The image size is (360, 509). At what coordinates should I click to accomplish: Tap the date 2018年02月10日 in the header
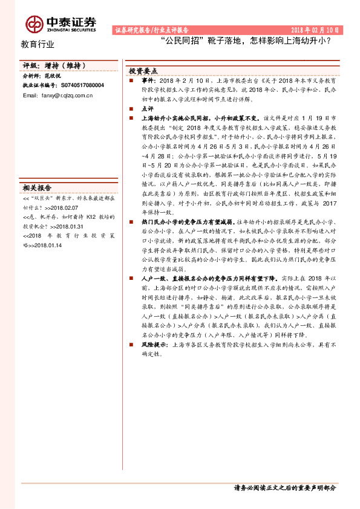[316, 30]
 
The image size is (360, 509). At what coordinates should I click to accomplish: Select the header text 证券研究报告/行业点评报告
[152, 30]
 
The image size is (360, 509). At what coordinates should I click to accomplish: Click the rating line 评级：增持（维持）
[55, 65]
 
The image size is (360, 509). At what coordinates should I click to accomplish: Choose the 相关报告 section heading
[38, 187]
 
